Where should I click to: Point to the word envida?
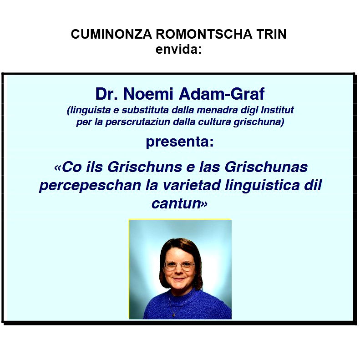(x=178, y=49)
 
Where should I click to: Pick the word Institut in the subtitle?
(x=274, y=110)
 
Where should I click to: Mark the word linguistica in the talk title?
(x=264, y=186)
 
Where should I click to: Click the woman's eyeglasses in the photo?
(x=179, y=264)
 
